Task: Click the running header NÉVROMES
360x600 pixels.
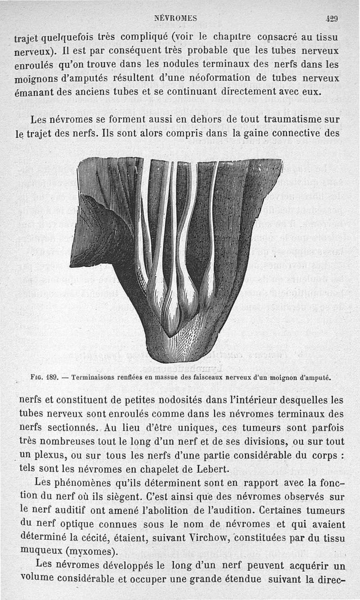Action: point(175,18)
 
